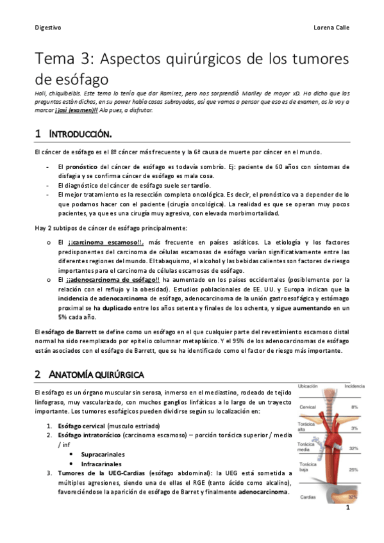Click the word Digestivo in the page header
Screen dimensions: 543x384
pyautogui.click(x=48, y=28)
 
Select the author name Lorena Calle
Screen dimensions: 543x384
pyautogui.click(x=330, y=28)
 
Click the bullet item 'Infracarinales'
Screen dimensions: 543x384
pyautogui.click(x=101, y=463)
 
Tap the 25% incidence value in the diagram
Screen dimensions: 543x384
pyautogui.click(x=353, y=469)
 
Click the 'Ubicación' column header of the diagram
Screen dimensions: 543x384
pyautogui.click(x=308, y=386)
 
